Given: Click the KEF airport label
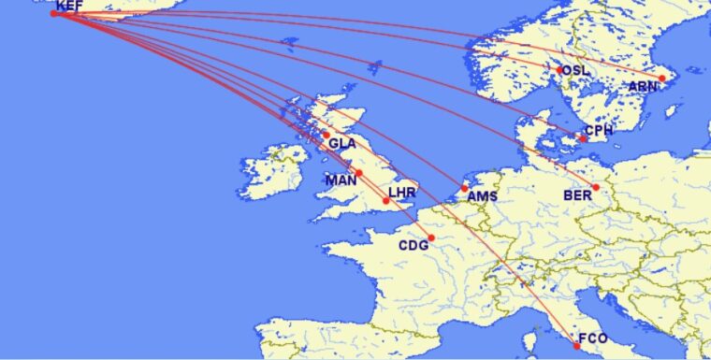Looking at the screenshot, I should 69,6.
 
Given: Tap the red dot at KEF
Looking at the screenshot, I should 54,13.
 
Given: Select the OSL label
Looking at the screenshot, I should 576,71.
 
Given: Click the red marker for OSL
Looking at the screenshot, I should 560,69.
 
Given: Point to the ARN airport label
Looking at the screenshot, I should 643,86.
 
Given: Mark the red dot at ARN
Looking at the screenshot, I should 662,79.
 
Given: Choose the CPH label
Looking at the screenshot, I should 599,131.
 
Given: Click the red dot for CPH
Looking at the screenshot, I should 584,139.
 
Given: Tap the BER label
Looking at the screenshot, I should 577,195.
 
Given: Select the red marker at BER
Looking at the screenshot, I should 596,187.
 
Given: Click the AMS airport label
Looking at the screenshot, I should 483,196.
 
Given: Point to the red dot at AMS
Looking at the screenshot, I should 464,188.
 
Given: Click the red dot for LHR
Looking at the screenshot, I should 386,200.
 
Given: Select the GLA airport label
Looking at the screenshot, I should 341,144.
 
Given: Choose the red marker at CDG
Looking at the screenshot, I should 431,238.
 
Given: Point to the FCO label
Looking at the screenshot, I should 593,338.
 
